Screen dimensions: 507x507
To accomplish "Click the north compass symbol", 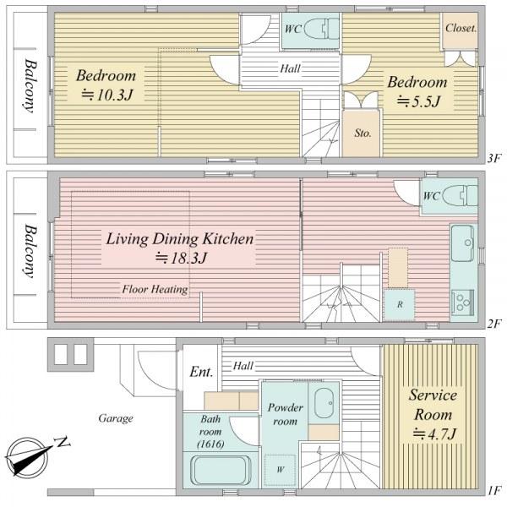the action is point(29,456).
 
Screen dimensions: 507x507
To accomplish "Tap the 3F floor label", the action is point(494,159).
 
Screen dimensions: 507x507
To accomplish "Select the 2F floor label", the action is point(494,324).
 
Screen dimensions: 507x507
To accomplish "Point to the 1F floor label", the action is point(494,490).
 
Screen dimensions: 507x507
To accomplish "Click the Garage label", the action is point(116,418).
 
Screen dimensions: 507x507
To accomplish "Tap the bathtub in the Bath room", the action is point(221,470).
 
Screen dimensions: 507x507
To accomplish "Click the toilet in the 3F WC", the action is point(322,29).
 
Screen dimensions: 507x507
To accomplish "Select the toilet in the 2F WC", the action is point(460,196).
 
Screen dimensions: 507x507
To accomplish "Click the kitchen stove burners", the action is point(463,303).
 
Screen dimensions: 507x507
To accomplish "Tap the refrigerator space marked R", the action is point(400,304).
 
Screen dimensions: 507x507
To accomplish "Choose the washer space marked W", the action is point(280,470).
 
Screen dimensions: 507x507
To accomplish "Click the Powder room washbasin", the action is point(324,403).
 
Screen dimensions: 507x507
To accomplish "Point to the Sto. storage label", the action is point(363,133).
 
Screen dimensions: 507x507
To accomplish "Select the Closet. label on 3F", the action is point(461,29).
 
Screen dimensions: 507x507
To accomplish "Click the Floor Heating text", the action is point(155,289).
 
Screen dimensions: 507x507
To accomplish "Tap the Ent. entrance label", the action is point(201,372).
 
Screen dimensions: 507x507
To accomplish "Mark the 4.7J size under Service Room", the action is point(434,434).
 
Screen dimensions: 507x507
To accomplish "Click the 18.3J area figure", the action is point(181,258).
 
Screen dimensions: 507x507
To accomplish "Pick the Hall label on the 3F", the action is point(290,68).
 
